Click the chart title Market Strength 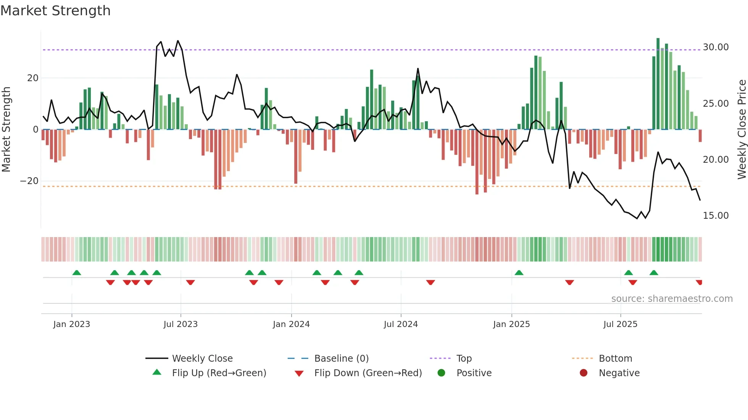pos(55,11)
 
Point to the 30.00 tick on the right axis pos(716,47)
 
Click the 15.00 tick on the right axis pos(716,216)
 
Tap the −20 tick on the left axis pos(29,181)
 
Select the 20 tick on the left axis pos(33,78)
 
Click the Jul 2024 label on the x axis pos(401,324)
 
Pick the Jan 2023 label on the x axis pos(72,324)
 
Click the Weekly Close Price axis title pos(742,130)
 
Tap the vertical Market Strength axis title pos(6,130)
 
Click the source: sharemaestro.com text pos(672,299)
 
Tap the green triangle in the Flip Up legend pos(157,372)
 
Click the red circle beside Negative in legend pos(584,373)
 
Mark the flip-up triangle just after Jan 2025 pos(519,273)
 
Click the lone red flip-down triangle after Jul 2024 pos(430,282)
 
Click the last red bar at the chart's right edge pos(700,136)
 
